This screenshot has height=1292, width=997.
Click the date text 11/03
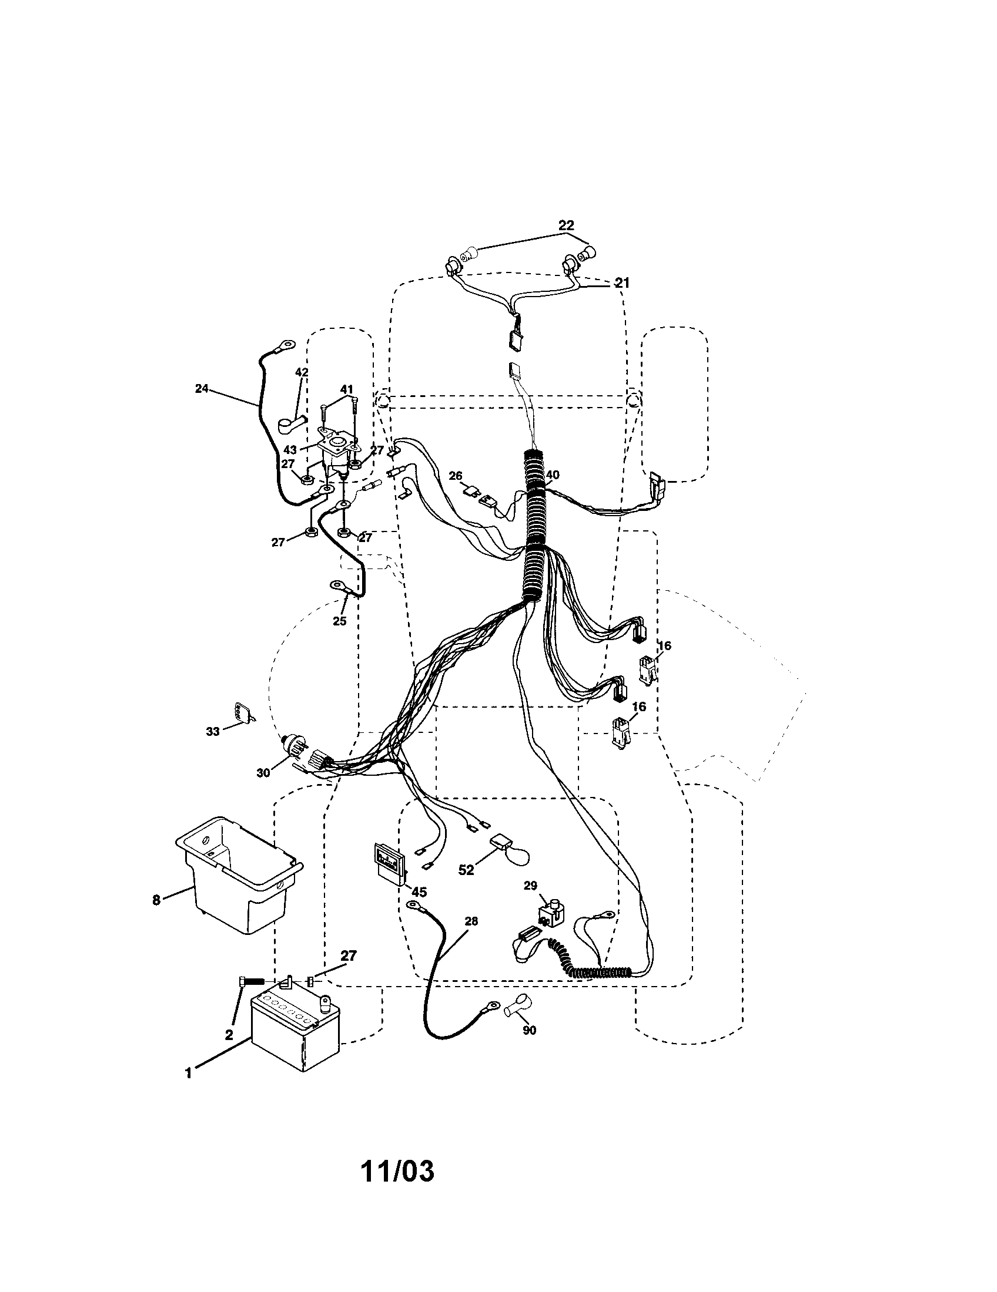397,1170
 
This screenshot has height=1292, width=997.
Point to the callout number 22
566,226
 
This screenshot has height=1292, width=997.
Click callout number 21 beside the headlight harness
621,284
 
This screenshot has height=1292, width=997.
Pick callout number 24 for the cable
202,389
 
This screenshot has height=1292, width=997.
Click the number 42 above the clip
302,372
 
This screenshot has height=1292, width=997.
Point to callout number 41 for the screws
346,389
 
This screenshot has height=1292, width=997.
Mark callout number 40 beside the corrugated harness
552,475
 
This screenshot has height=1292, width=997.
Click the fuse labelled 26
473,490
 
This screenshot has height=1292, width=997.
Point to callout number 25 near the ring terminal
339,621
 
